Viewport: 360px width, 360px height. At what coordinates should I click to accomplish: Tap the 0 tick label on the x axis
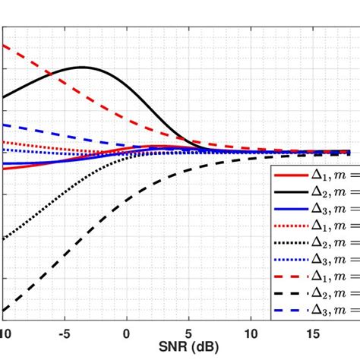coord(126,333)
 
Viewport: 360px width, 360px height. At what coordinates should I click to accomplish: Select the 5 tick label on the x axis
coord(188,333)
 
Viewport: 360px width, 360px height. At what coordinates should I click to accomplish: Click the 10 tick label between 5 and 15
coord(251,333)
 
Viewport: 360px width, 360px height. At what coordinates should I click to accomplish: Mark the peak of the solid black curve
coord(81,68)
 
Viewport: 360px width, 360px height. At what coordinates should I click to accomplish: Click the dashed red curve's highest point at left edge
coord(4,46)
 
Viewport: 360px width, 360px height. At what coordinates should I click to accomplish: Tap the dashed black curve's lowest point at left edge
coord(4,310)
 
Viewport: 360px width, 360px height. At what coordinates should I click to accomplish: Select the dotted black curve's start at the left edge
coord(4,240)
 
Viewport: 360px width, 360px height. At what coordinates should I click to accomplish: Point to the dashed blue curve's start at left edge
coord(4,125)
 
